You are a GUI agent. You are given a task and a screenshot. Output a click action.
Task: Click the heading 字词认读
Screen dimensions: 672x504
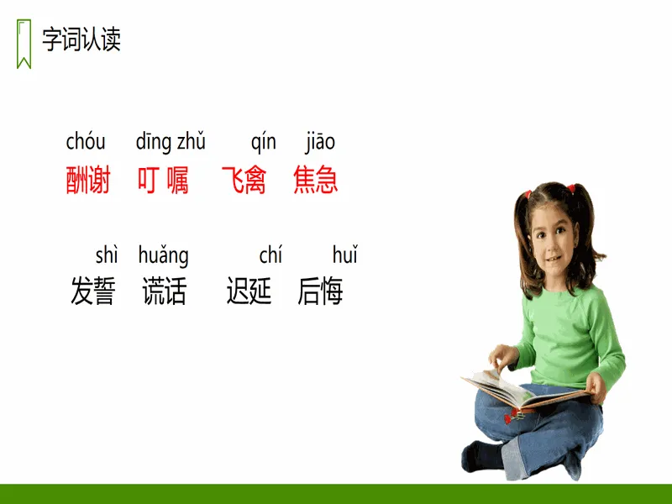click(81, 39)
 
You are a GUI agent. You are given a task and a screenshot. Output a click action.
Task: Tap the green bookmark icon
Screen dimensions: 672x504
click(24, 44)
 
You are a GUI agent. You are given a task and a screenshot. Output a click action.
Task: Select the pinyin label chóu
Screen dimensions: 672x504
click(86, 142)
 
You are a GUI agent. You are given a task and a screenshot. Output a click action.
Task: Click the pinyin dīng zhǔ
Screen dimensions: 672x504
click(171, 142)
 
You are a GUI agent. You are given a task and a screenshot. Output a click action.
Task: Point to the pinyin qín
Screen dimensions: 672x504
click(264, 142)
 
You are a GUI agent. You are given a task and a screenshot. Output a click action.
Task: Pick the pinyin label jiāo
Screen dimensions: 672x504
click(320, 142)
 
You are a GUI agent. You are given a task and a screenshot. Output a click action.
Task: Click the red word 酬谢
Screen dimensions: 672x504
click(88, 180)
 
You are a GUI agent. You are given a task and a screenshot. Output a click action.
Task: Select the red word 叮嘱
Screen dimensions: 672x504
click(163, 180)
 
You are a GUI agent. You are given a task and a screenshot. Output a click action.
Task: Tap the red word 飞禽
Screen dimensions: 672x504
click(244, 180)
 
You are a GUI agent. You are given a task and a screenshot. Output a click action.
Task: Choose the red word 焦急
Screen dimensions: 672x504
click(316, 180)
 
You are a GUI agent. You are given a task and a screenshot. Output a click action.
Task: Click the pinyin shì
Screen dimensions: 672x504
click(107, 255)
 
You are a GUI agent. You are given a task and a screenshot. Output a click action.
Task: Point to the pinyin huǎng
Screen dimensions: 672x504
click(163, 256)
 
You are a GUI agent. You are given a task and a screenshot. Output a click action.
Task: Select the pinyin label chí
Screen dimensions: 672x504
click(270, 255)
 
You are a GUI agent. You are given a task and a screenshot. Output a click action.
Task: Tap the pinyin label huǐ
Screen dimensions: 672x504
click(345, 255)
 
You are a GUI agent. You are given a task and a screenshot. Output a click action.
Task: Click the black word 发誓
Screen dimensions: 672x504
click(93, 291)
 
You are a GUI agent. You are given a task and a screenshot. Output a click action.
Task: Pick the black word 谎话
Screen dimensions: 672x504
click(165, 291)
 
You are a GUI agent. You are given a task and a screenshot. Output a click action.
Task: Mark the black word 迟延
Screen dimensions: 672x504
click(249, 291)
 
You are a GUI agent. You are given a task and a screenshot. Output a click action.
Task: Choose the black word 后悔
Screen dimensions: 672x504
click(321, 291)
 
